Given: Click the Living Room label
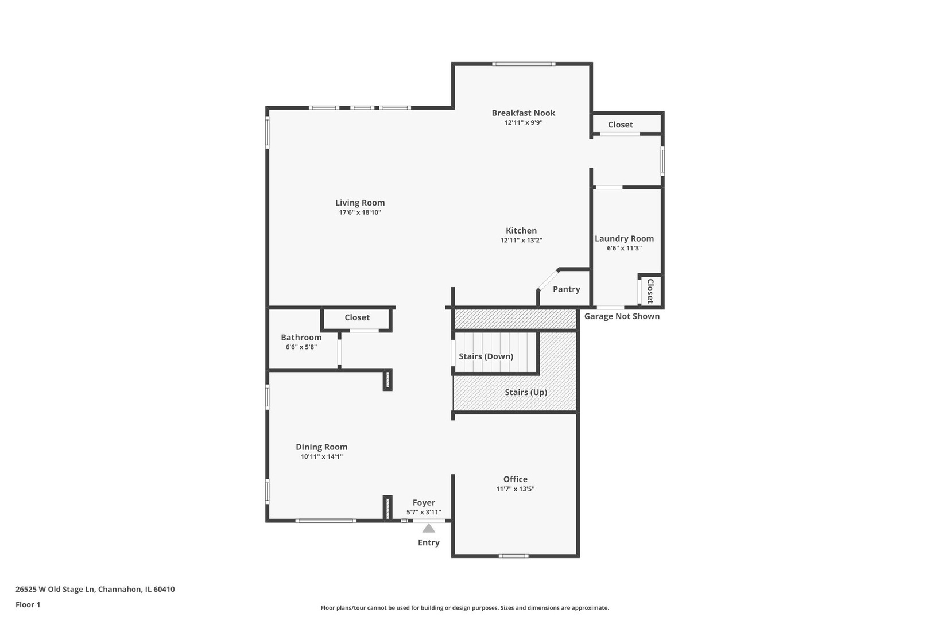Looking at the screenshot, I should pyautogui.click(x=360, y=203).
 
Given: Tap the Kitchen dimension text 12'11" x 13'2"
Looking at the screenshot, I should pyautogui.click(x=521, y=241).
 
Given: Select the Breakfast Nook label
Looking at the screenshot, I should pyautogui.click(x=523, y=113).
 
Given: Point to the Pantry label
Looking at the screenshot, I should pyautogui.click(x=566, y=289).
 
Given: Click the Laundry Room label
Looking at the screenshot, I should pyautogui.click(x=624, y=239).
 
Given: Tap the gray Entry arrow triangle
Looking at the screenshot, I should pyautogui.click(x=429, y=529).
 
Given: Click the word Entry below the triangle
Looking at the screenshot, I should pyautogui.click(x=429, y=542).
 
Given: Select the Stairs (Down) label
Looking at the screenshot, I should pyautogui.click(x=486, y=356).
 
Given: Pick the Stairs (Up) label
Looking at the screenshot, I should pyautogui.click(x=525, y=392).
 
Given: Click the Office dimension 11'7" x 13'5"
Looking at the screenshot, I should pyautogui.click(x=515, y=489).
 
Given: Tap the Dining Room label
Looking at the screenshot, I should pyautogui.click(x=321, y=447).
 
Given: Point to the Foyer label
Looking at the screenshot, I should pyautogui.click(x=424, y=503).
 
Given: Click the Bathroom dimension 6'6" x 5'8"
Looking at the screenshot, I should pyautogui.click(x=301, y=347).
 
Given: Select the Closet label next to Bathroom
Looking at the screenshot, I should pyautogui.click(x=357, y=317).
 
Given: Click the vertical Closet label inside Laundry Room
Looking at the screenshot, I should pyautogui.click(x=650, y=291).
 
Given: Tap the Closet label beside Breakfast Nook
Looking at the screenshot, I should pyautogui.click(x=620, y=125).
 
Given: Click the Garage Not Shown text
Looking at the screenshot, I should pyautogui.click(x=622, y=316).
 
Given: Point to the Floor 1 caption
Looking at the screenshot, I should pyautogui.click(x=28, y=604).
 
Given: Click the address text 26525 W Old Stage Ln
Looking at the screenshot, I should pyautogui.click(x=55, y=589).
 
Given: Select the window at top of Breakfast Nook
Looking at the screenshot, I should pyautogui.click(x=524, y=64).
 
